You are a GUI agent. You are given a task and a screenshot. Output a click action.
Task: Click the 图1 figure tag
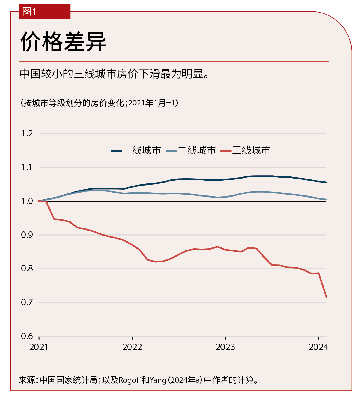[x=29, y=12]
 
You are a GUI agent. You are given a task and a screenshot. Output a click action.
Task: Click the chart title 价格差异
[x=63, y=41]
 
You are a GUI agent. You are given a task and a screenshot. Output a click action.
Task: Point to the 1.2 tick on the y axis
[x=27, y=134]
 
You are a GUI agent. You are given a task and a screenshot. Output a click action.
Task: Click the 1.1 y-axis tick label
[x=27, y=167]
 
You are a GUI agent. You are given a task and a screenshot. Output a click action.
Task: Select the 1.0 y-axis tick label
[x=27, y=201]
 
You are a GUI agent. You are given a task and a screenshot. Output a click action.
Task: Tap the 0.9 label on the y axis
[x=27, y=235]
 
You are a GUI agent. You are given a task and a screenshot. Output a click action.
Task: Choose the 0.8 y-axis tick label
[x=27, y=269]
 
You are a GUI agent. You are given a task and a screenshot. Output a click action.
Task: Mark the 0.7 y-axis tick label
[x=27, y=302]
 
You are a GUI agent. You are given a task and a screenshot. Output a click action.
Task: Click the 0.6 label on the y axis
[x=27, y=336]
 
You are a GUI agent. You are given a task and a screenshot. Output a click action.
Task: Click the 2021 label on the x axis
[x=39, y=347]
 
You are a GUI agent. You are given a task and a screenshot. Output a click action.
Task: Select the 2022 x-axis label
[x=132, y=347]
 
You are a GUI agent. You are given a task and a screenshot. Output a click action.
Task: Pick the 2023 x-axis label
[x=225, y=347]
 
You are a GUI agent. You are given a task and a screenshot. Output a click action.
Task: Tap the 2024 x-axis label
[x=319, y=347]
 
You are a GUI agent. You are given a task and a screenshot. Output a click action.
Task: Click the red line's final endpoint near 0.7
[x=326, y=297]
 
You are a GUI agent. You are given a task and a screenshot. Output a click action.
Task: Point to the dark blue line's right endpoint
[x=326, y=182]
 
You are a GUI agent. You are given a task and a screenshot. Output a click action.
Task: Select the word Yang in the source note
[x=158, y=380]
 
